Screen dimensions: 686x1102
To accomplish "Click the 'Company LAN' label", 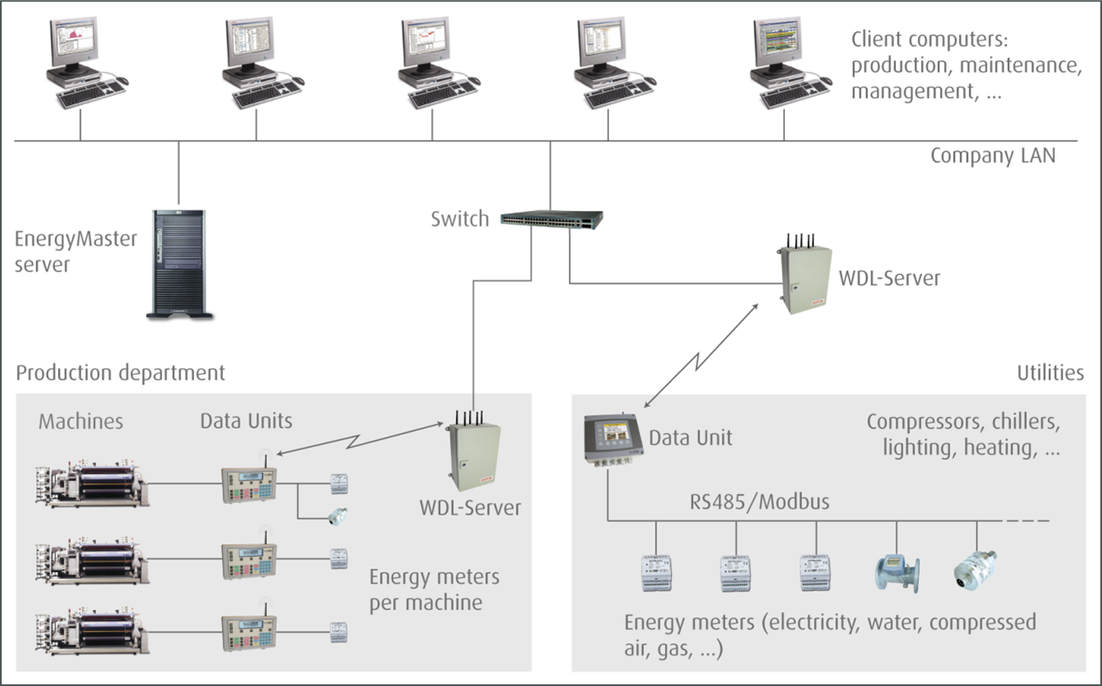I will pyautogui.click(x=992, y=156).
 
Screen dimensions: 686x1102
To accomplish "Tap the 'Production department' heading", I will pyautogui.click(x=121, y=372).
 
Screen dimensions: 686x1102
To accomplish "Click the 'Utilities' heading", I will pyautogui.click(x=1050, y=373).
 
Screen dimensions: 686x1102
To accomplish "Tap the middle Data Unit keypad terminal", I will pyautogui.click(x=248, y=558).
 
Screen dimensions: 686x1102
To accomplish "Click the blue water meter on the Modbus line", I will pyautogui.click(x=896, y=573).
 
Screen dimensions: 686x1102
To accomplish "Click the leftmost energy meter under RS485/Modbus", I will pyautogui.click(x=656, y=573).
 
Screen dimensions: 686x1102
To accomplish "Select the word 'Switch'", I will pyautogui.click(x=459, y=219).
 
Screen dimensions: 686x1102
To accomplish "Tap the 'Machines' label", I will pyautogui.click(x=81, y=421).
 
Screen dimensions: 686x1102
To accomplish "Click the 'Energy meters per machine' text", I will pyautogui.click(x=434, y=590).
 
